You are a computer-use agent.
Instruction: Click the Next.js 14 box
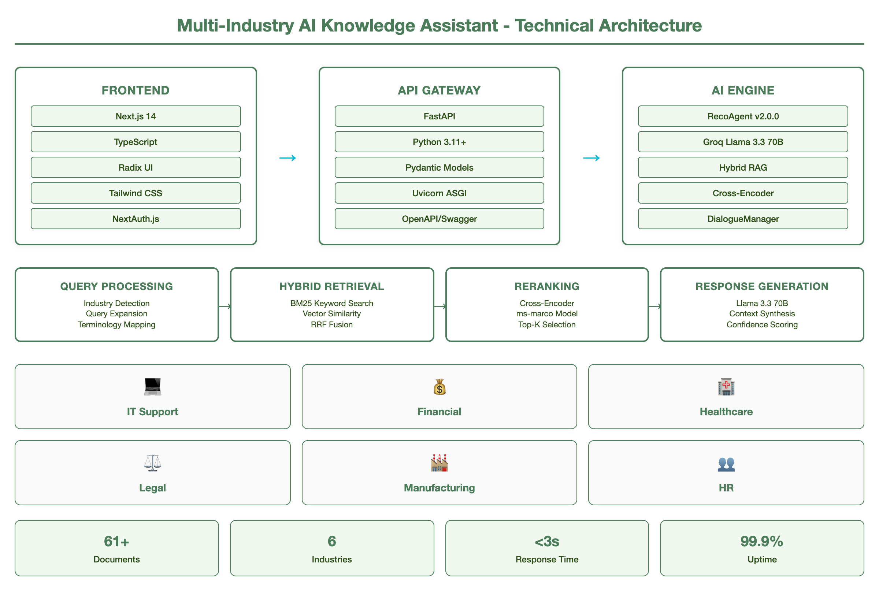point(136,116)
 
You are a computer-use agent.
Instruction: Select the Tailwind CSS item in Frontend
point(136,193)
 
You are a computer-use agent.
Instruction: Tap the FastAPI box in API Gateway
point(439,116)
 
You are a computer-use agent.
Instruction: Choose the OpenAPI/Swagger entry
point(439,219)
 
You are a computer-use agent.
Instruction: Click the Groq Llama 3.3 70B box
point(742,142)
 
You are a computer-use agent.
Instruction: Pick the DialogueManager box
point(742,219)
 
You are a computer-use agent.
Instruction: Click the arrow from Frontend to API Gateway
point(288,158)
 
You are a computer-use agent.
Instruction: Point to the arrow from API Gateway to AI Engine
point(591,158)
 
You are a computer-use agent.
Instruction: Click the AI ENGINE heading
point(742,90)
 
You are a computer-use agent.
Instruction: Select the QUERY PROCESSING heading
point(116,286)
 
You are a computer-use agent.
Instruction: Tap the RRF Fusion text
point(332,324)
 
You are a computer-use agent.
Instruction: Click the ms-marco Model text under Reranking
point(546,313)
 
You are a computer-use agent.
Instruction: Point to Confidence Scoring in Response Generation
point(762,324)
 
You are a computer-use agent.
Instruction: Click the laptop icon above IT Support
point(153,387)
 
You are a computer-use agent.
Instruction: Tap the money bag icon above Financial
point(439,387)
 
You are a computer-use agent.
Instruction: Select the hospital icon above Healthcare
point(726,387)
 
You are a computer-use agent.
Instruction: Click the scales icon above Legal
point(153,463)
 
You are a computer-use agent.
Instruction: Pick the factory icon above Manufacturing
point(439,463)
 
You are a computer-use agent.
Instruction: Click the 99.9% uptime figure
point(761,541)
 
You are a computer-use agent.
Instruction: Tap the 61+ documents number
point(116,541)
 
